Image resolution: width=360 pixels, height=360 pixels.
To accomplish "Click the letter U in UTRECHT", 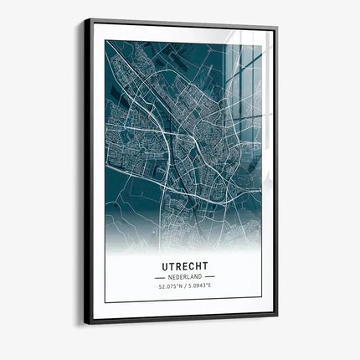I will [x=161, y=265].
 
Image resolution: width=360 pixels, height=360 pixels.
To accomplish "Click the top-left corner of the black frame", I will [x=85, y=18].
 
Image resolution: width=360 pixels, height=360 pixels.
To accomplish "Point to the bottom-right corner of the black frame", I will [x=278, y=314].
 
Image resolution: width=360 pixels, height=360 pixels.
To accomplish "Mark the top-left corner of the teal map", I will [x=105, y=41].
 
